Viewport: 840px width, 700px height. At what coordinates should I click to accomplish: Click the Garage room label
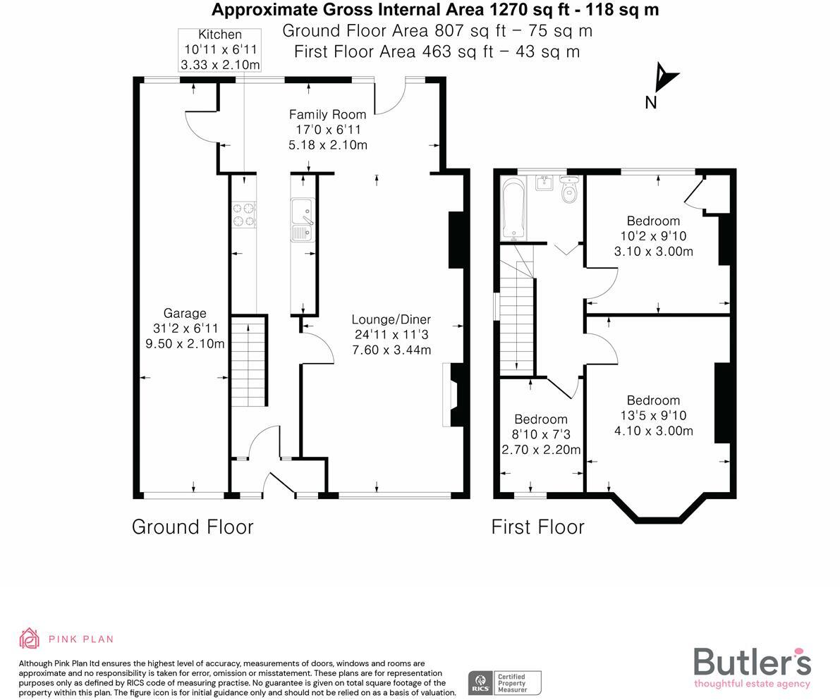(x=185, y=314)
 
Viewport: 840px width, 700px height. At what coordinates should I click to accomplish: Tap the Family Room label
(x=327, y=114)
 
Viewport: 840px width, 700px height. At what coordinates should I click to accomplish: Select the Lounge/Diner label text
(x=391, y=319)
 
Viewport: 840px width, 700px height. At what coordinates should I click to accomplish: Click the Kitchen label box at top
(x=220, y=49)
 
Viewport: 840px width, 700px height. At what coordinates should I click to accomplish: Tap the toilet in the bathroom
(x=569, y=190)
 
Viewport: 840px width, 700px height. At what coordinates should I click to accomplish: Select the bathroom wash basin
(x=544, y=184)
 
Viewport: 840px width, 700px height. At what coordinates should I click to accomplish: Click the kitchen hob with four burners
(x=244, y=215)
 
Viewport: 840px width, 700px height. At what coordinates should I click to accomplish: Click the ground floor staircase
(x=249, y=361)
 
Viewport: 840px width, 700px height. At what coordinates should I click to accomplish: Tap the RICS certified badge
(x=504, y=682)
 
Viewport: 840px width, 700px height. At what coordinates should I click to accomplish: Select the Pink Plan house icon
(x=30, y=639)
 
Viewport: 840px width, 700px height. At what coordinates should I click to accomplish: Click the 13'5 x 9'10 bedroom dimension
(x=653, y=416)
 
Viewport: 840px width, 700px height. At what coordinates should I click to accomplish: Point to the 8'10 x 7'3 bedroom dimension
(x=540, y=435)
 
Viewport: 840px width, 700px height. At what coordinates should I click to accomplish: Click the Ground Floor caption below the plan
(x=193, y=527)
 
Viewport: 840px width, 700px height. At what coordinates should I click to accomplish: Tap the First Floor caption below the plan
(x=538, y=527)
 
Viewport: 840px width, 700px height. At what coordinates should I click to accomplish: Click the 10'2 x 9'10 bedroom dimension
(x=653, y=236)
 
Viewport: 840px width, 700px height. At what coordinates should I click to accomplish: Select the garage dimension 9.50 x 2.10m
(x=185, y=344)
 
